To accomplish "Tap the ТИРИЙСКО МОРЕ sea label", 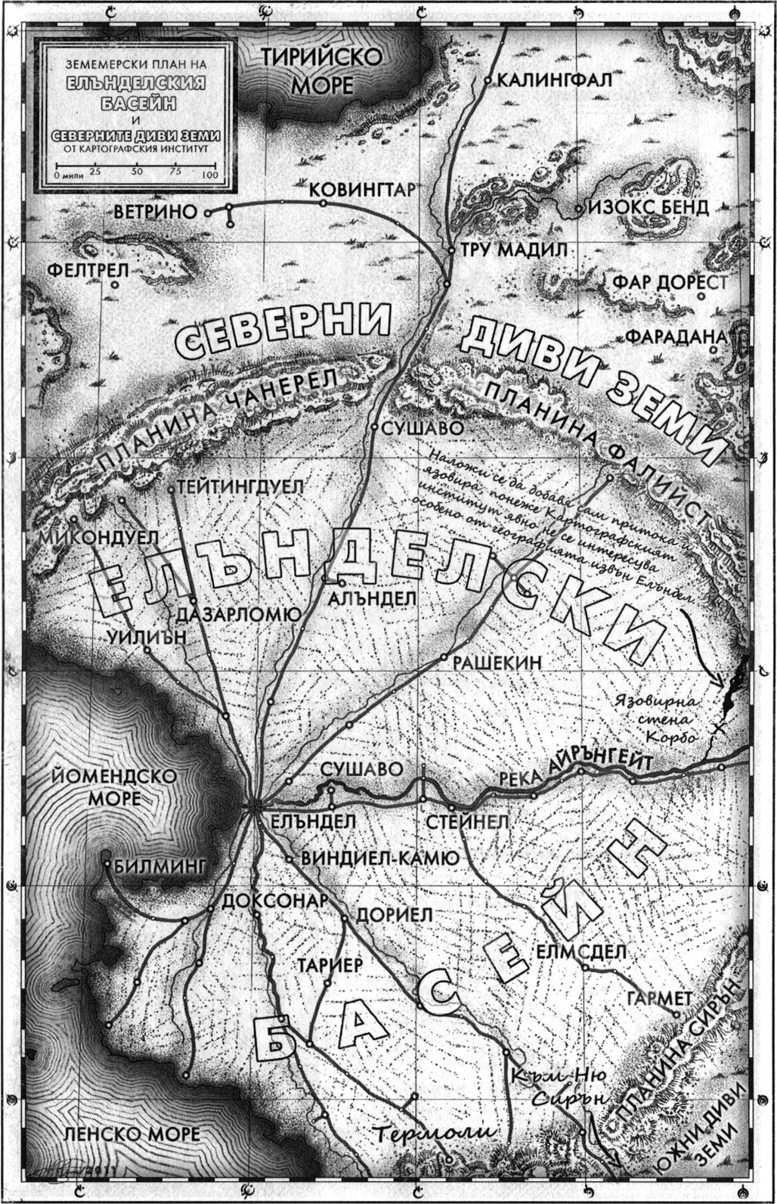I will [323, 71].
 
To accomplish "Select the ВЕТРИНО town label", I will [156, 212].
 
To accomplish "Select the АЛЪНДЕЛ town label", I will [373, 597].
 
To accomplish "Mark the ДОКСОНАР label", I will [275, 901].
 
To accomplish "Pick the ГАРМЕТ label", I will [659, 998].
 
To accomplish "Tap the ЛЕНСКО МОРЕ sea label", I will [132, 1134].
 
